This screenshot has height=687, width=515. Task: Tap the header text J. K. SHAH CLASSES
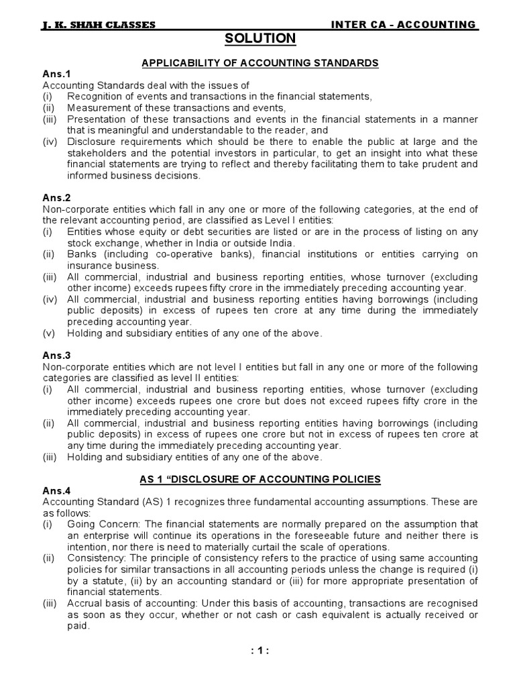coord(98,25)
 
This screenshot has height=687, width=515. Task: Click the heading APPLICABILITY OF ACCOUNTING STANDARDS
coord(260,63)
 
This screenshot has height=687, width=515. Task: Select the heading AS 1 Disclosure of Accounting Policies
coord(260,479)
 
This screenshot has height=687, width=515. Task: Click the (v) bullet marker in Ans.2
coord(50,333)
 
